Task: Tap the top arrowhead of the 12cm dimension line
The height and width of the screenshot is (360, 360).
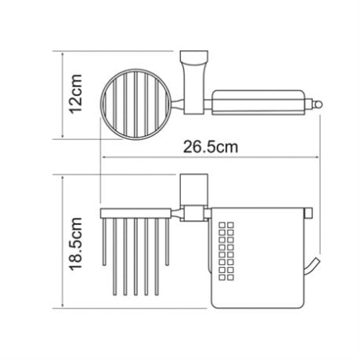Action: click(62, 54)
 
